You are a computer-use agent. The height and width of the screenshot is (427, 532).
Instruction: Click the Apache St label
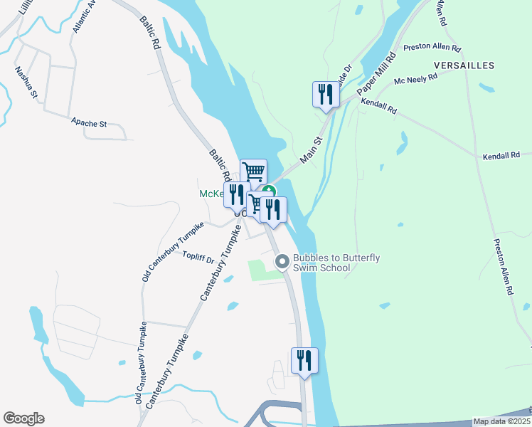[89, 123]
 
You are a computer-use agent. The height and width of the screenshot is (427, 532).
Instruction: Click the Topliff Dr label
[198, 257]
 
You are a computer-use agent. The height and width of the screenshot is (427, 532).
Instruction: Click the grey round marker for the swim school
[282, 262]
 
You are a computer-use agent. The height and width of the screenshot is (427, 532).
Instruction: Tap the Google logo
[23, 418]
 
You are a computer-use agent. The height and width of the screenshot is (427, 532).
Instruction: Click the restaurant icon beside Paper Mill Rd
[326, 95]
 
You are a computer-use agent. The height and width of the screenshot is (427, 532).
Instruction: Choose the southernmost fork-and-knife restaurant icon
[304, 361]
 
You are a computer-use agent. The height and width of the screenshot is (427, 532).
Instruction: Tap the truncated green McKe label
[211, 194]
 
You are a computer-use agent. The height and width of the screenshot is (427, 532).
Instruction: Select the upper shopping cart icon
[253, 172]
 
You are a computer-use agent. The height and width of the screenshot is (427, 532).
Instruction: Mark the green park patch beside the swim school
[260, 270]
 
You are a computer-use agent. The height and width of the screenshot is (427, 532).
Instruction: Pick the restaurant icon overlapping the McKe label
[237, 195]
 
